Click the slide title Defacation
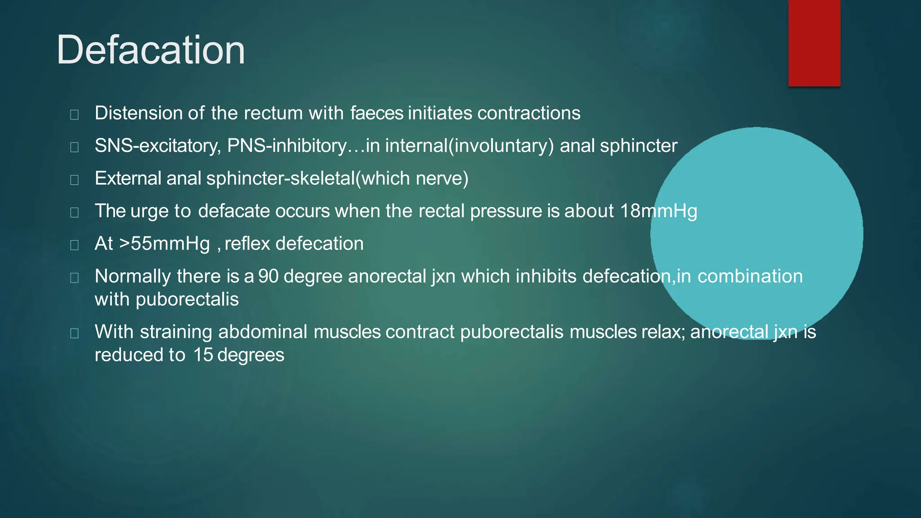(151, 50)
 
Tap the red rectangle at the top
(814, 43)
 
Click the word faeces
(376, 113)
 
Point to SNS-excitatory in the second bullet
(157, 146)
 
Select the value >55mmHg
(165, 244)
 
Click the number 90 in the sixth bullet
(268, 276)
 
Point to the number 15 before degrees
(203, 355)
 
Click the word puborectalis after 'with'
(187, 299)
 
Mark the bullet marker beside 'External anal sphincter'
(75, 180)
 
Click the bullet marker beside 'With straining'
(75, 333)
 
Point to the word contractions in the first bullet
(529, 113)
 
